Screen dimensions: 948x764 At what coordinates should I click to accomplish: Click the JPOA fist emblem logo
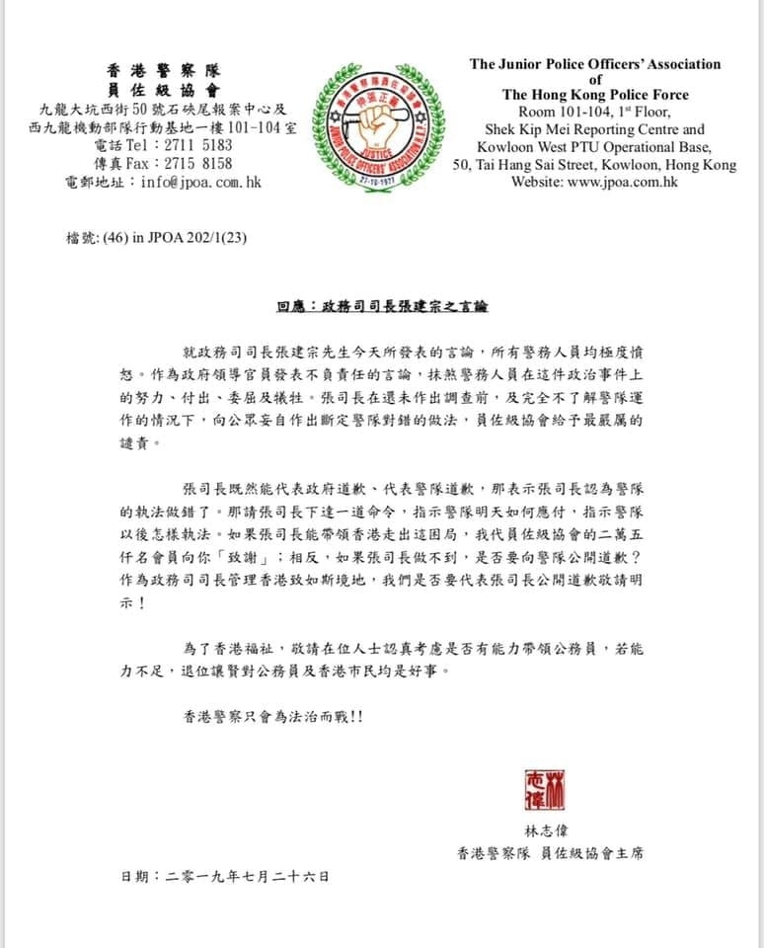(x=379, y=120)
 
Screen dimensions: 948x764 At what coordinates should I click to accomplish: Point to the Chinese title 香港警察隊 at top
(x=163, y=70)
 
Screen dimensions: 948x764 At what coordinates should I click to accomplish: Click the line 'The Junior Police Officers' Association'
(x=595, y=64)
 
